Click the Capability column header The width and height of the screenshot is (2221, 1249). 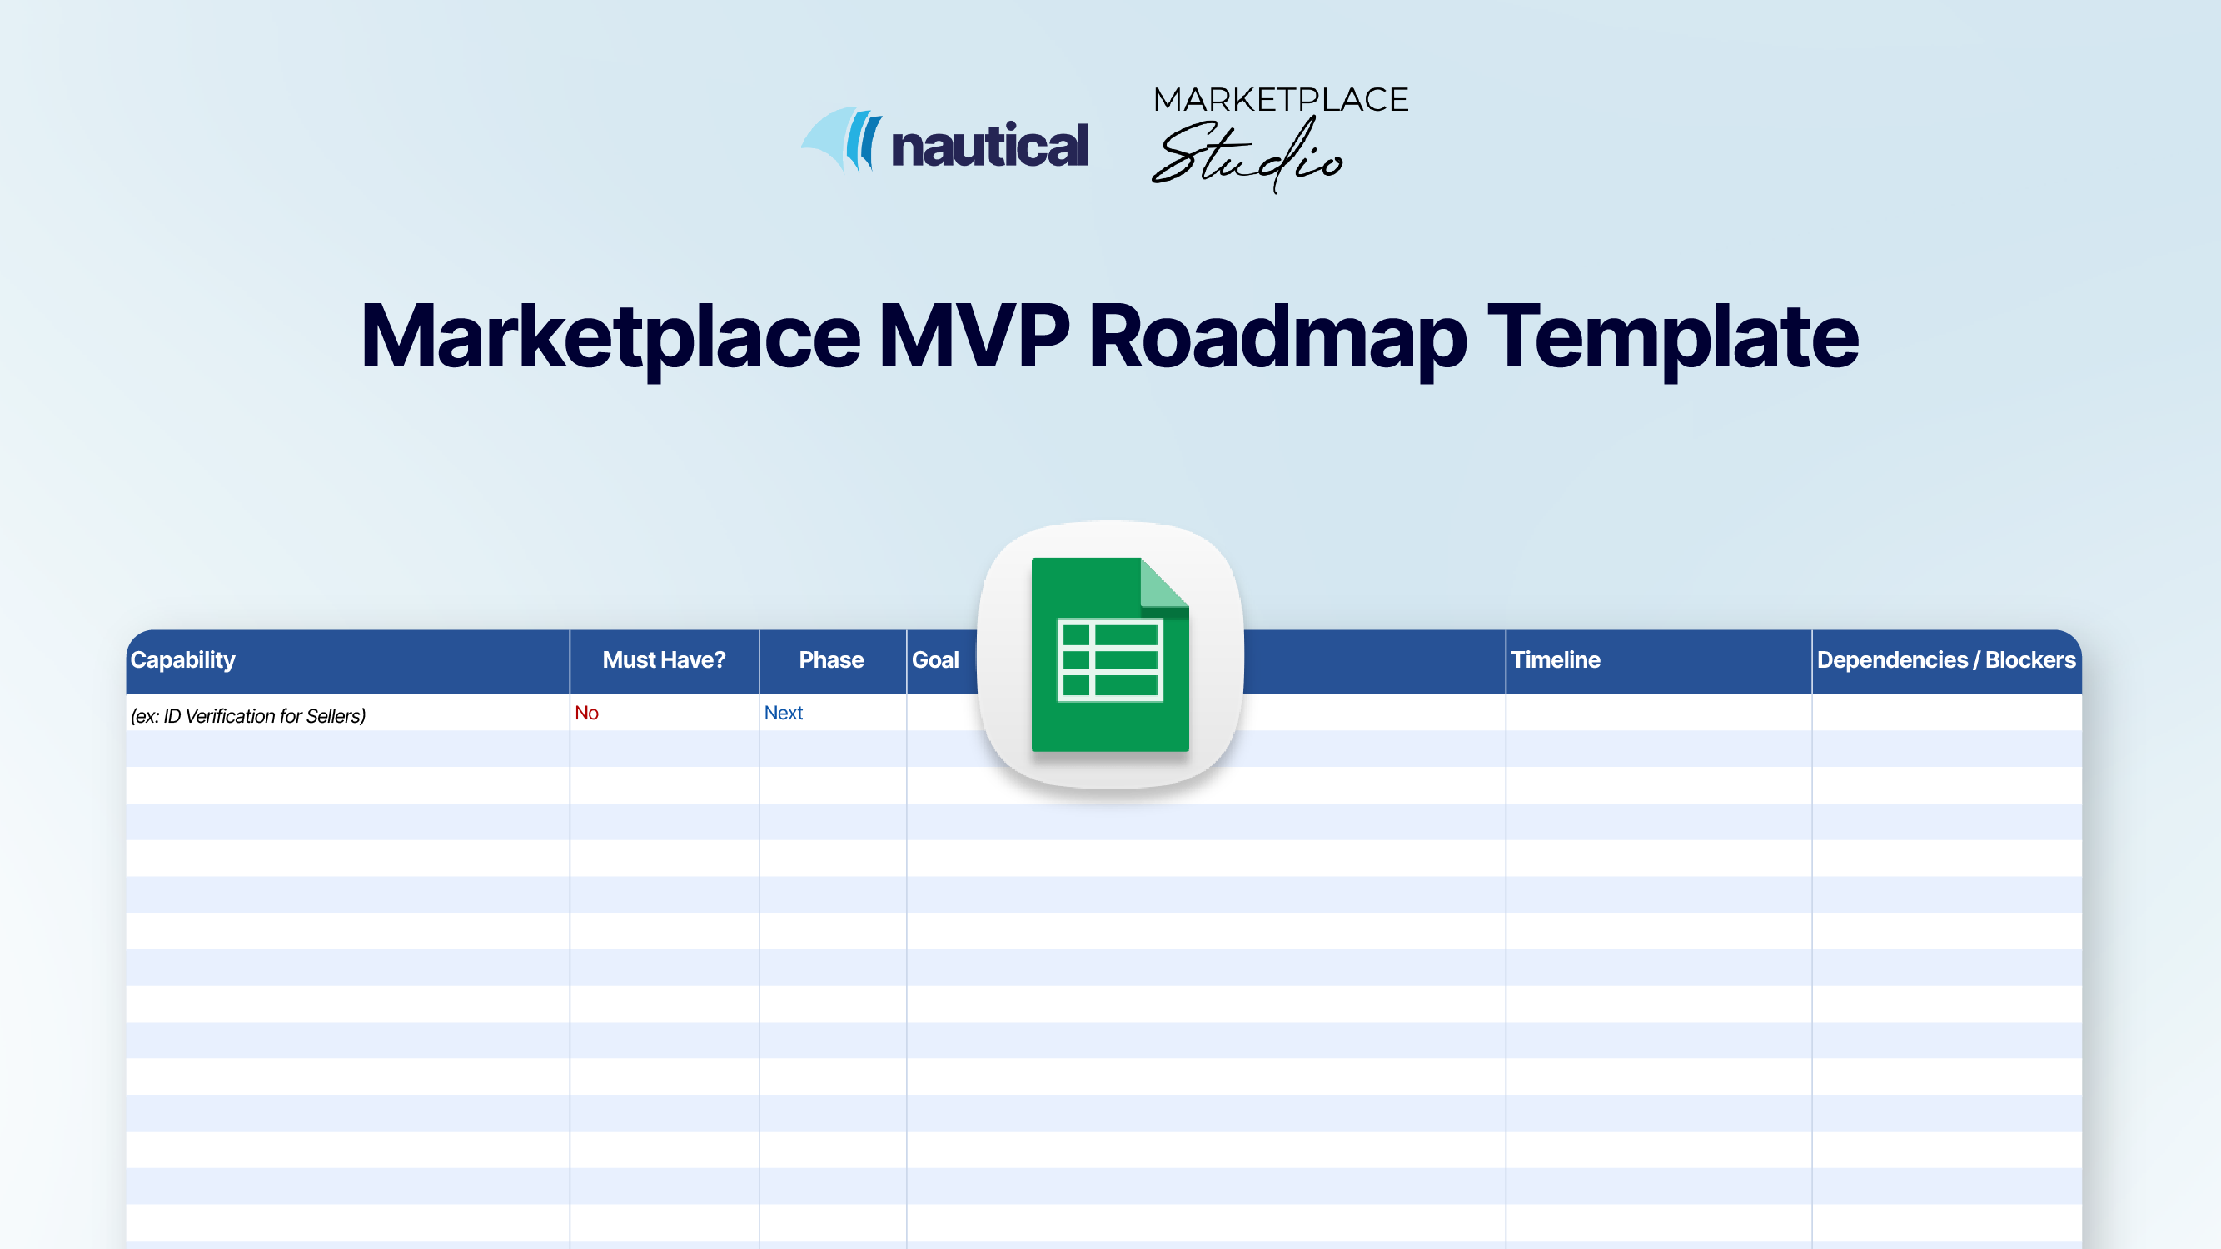coord(182,660)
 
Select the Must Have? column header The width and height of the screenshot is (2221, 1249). coord(664,660)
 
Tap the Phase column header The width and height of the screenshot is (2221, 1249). coord(831,660)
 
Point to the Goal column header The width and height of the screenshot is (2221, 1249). coord(935,660)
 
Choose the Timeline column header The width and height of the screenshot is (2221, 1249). coord(1556,660)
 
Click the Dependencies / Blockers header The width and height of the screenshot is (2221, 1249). coord(1946,660)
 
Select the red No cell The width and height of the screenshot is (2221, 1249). coord(586,713)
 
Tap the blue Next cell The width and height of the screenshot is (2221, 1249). coord(783,713)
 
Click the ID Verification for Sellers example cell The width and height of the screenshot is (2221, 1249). coord(248,715)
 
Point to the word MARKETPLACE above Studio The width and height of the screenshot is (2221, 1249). coord(1280,100)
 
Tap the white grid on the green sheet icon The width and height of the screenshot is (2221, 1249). coord(1109,660)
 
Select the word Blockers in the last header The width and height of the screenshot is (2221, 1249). coord(2029,660)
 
